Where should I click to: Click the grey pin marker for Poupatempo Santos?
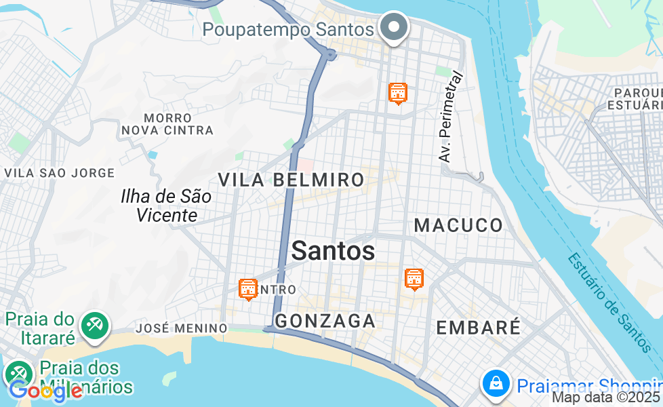(394, 28)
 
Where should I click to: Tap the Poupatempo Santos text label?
(288, 30)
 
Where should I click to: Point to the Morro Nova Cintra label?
(168, 124)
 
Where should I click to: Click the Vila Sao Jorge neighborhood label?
(60, 173)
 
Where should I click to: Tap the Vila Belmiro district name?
(291, 180)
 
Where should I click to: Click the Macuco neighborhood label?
(459, 225)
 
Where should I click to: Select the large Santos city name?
(333, 251)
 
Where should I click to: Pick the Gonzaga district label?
(325, 320)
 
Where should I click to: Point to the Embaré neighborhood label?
(478, 327)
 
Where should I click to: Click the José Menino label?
(182, 328)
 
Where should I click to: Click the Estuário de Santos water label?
(607, 302)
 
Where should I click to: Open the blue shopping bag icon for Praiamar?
(496, 384)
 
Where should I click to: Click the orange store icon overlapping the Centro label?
(249, 289)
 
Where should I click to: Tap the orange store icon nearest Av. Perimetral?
(398, 92)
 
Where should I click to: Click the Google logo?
(45, 391)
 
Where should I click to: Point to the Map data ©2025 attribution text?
(606, 398)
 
